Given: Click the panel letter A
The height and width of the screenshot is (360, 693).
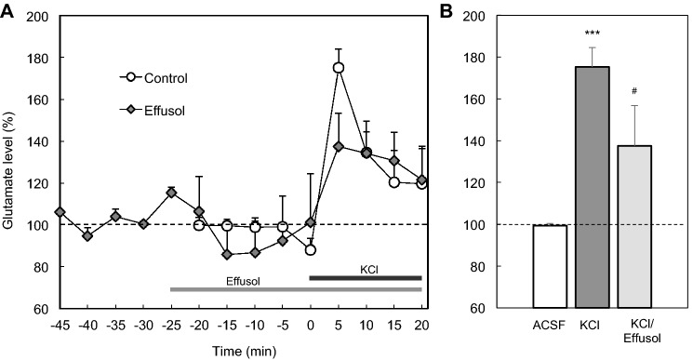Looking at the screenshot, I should [x=8, y=8].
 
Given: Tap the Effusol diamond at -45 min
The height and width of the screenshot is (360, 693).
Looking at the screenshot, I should [x=60, y=212].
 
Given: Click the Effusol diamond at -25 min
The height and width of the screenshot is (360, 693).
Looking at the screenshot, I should [x=171, y=193].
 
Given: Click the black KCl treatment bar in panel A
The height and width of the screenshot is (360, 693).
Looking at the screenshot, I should [x=366, y=277].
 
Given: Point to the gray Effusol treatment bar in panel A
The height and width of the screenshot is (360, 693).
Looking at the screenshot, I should [x=296, y=289].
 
